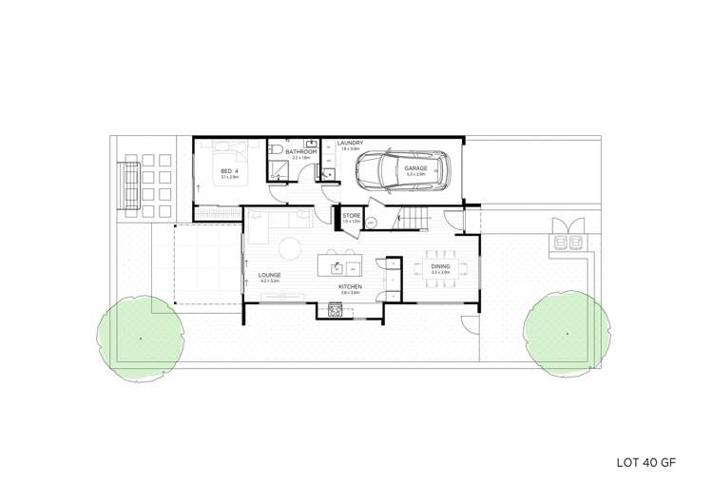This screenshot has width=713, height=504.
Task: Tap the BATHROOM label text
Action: (300, 151)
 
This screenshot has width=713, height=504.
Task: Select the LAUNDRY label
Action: (349, 143)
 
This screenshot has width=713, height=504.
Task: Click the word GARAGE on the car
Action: (415, 168)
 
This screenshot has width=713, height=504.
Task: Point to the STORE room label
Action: (351, 216)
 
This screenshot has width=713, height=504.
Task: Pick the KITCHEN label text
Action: (349, 286)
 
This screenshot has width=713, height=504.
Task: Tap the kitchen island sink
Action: (338, 265)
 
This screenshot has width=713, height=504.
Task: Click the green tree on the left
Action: (140, 337)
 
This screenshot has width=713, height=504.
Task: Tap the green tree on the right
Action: (567, 333)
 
